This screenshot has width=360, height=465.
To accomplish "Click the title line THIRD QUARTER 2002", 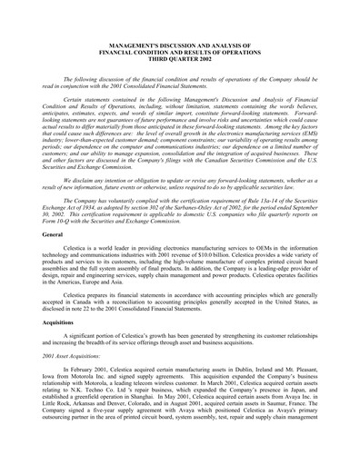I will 180,58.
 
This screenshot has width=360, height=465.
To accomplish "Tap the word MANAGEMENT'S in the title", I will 136,43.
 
